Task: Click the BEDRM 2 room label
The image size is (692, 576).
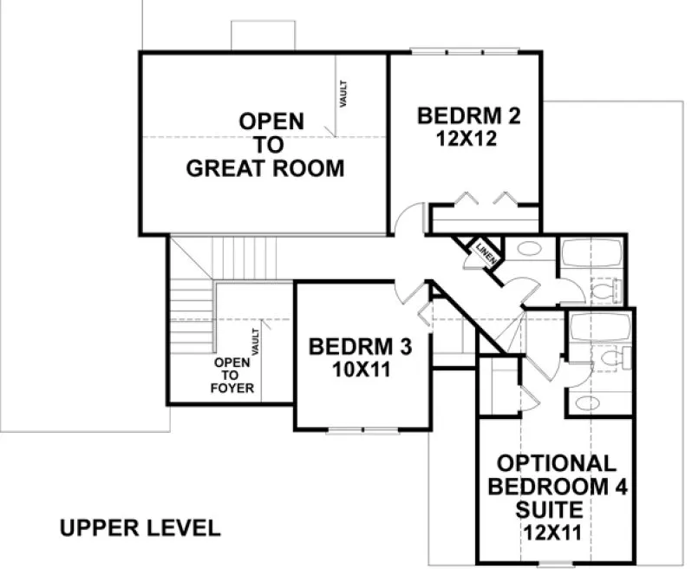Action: tap(468, 115)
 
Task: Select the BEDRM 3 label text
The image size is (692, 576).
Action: tap(360, 347)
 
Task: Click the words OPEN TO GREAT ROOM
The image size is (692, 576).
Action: tap(265, 144)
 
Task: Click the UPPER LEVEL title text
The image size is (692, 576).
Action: tap(140, 527)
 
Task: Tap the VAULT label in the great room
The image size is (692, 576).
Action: tap(344, 95)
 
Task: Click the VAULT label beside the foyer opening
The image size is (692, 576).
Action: tap(256, 340)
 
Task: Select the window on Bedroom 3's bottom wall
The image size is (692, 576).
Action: tap(362, 429)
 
